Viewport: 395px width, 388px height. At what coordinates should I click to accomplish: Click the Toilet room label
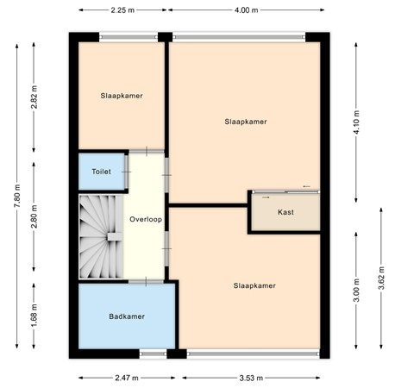tap(101, 172)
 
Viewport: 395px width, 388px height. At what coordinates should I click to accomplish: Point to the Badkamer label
tap(127, 316)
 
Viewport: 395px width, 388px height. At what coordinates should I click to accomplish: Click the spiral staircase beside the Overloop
tap(102, 236)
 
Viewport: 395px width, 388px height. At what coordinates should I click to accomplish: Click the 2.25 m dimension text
tap(122, 10)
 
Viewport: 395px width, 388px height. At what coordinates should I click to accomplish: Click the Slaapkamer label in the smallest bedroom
tap(121, 96)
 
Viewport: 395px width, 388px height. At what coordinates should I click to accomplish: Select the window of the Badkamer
tap(154, 353)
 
